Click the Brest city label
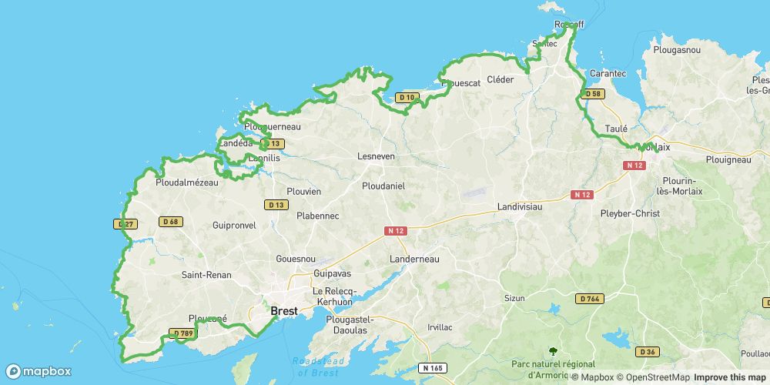click(284, 311)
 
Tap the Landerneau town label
click(414, 259)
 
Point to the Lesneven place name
click(376, 156)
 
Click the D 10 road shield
click(407, 98)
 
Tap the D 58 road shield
click(591, 94)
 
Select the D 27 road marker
click(126, 224)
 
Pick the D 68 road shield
click(170, 222)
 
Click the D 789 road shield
click(182, 333)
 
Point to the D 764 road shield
click(588, 298)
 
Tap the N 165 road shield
click(433, 368)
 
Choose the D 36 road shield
click(647, 352)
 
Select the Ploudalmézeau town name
click(187, 183)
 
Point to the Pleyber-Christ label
click(630, 213)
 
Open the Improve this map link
click(729, 377)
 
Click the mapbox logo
click(38, 371)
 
